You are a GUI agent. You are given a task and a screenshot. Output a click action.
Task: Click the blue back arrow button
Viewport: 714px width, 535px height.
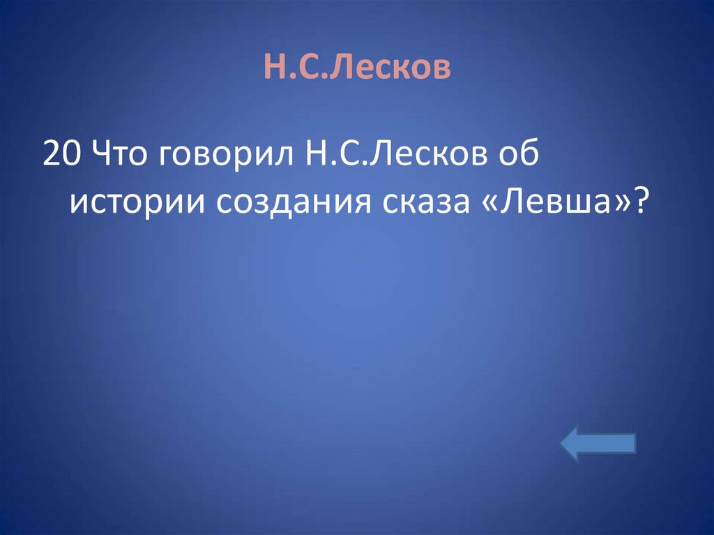pos(598,444)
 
